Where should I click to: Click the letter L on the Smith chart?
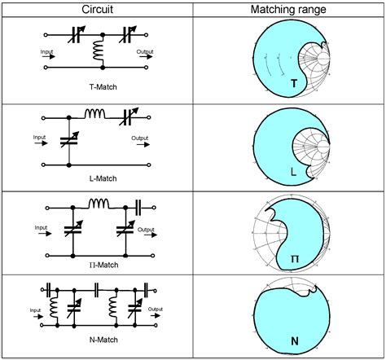[294, 171]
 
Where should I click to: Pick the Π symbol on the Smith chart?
[296, 258]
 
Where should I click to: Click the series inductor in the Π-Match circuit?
[99, 203]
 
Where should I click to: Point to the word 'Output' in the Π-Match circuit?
[146, 229]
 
